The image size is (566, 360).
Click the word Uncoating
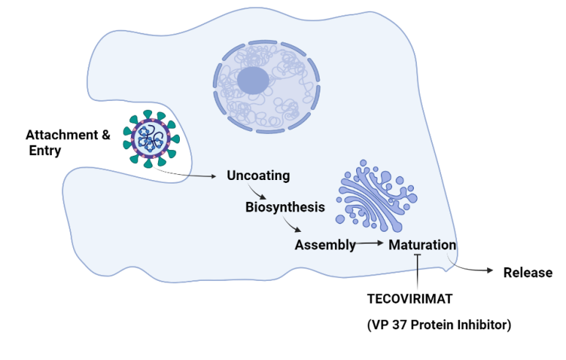click(x=258, y=176)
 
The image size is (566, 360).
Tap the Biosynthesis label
click(x=284, y=207)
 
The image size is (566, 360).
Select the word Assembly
click(x=325, y=244)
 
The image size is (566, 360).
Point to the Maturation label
click(x=423, y=244)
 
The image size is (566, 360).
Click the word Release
click(x=527, y=273)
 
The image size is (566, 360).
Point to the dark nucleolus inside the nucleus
click(x=252, y=80)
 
